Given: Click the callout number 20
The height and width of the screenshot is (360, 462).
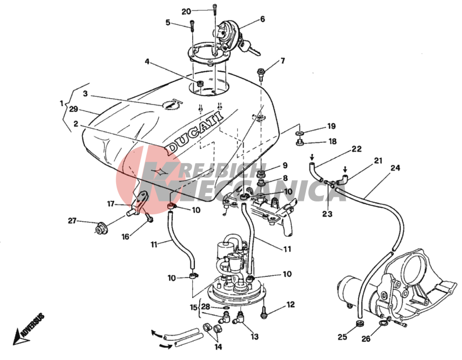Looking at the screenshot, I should [x=186, y=11].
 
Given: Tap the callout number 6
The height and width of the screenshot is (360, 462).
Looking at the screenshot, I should [x=262, y=19].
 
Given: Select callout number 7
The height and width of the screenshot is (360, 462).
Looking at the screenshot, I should [x=283, y=61].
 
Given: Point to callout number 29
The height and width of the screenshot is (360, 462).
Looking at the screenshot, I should [x=73, y=109].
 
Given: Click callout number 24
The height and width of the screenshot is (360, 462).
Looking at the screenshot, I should [x=395, y=168].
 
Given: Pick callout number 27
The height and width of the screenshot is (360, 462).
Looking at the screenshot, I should [x=72, y=220].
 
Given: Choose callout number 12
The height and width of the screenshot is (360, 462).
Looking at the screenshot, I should [x=290, y=304].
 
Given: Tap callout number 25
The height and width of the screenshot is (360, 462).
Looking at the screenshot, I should [x=342, y=336].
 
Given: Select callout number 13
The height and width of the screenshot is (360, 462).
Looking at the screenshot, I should [x=254, y=336].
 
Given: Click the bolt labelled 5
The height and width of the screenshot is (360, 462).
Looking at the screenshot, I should [x=190, y=26].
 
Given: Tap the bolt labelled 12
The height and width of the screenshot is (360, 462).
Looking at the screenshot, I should [x=265, y=312].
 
